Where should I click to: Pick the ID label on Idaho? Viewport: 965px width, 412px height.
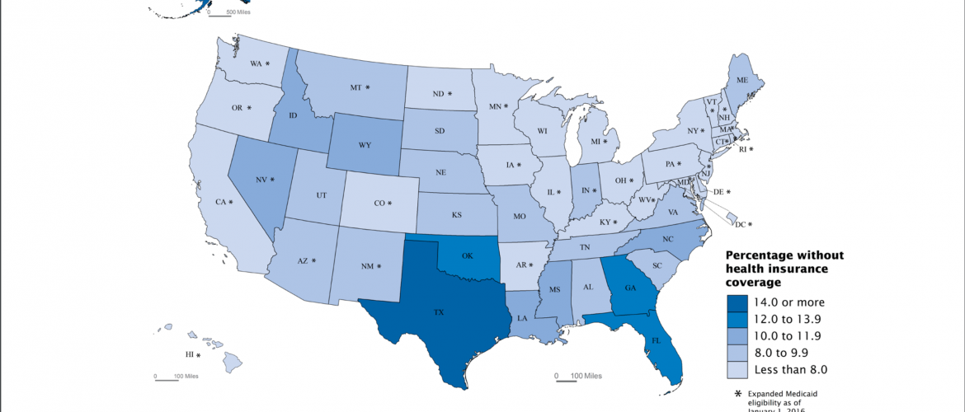tap(295, 115)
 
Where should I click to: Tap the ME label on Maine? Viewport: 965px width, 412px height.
tap(743, 80)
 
